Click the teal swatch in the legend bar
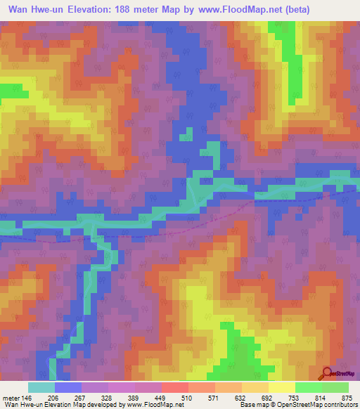(x=41, y=387)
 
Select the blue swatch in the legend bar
(x=68, y=387)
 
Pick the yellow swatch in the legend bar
(x=281, y=387)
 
